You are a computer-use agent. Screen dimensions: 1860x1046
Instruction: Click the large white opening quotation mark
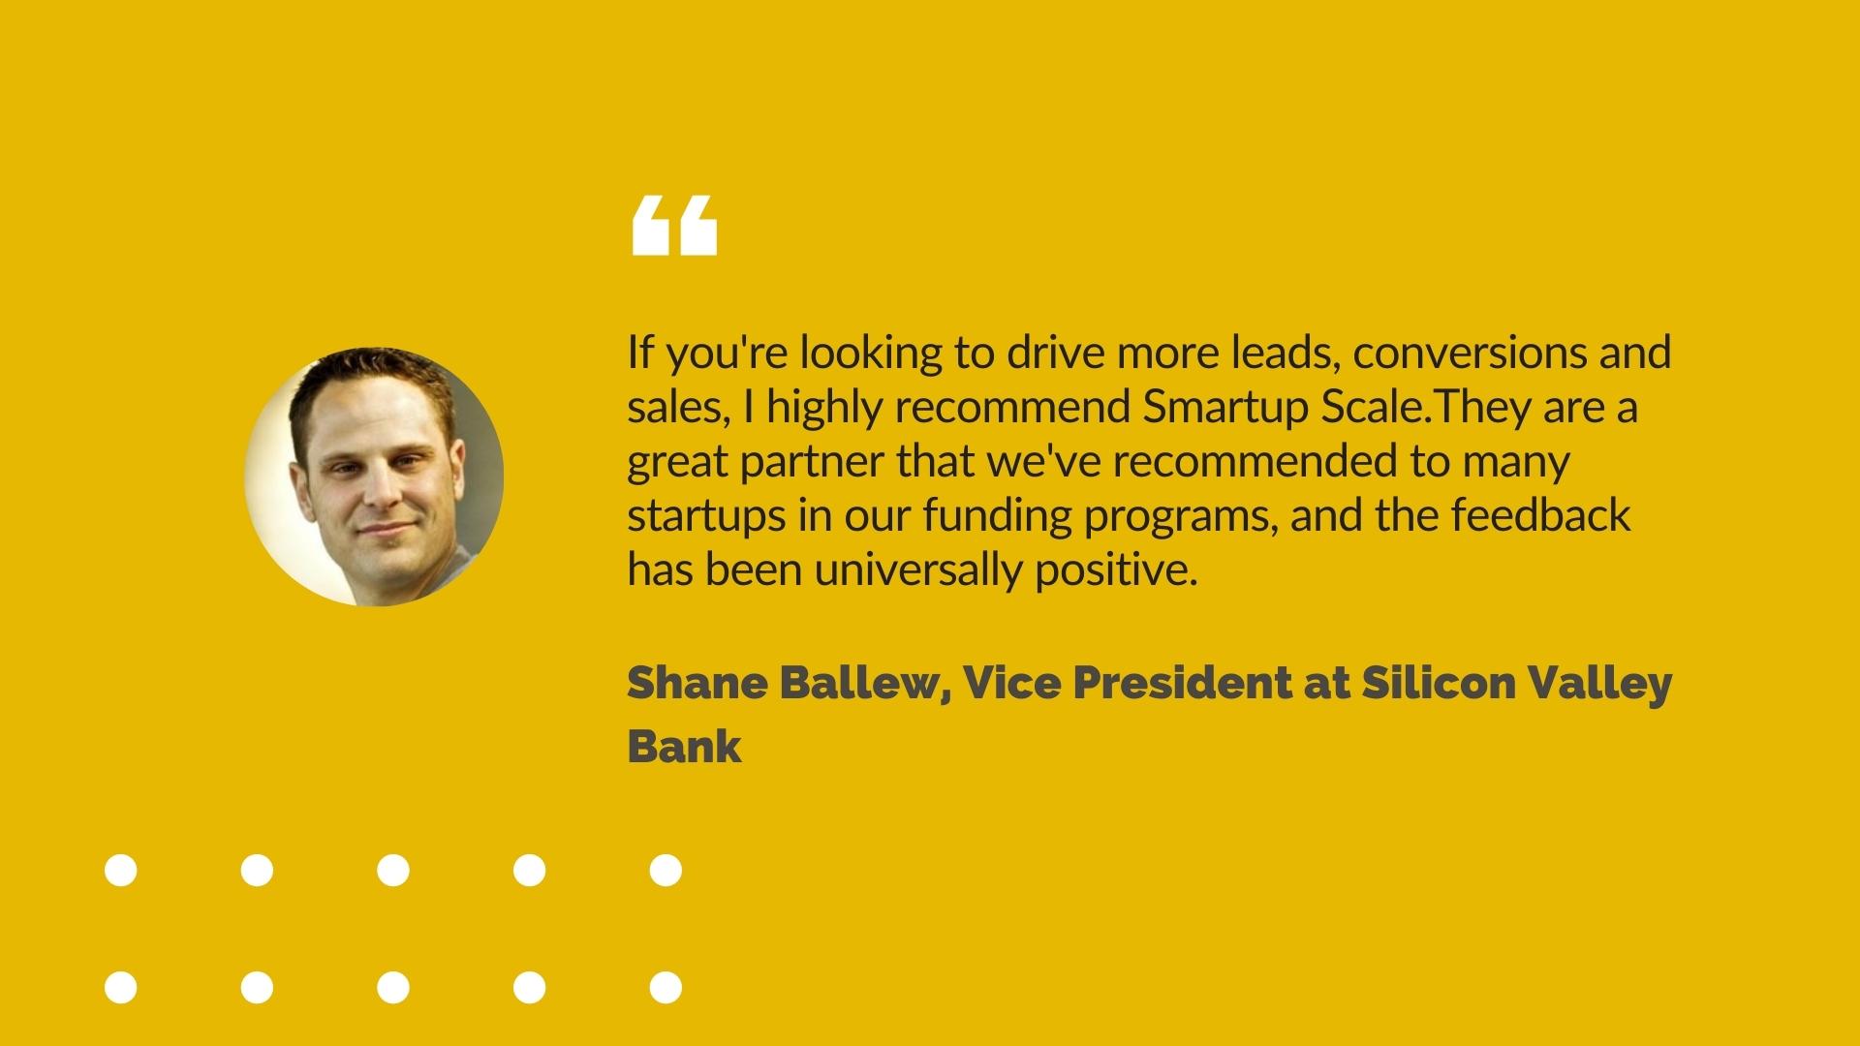(674, 225)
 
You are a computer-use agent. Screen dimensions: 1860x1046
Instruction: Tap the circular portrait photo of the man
(374, 477)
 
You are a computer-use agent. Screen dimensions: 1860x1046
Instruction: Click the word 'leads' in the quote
(1286, 353)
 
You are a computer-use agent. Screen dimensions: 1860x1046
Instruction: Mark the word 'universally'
(917, 569)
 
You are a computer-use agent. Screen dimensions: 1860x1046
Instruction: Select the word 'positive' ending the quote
(1117, 569)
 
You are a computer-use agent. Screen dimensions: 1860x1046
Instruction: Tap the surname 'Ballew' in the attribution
(865, 684)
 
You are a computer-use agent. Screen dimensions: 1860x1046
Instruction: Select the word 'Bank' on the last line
(685, 746)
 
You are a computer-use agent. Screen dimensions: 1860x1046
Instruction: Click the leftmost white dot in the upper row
(121, 870)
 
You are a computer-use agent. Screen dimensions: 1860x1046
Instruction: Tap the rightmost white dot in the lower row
(666, 988)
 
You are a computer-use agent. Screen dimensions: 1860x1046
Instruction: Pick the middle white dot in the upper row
(393, 870)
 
